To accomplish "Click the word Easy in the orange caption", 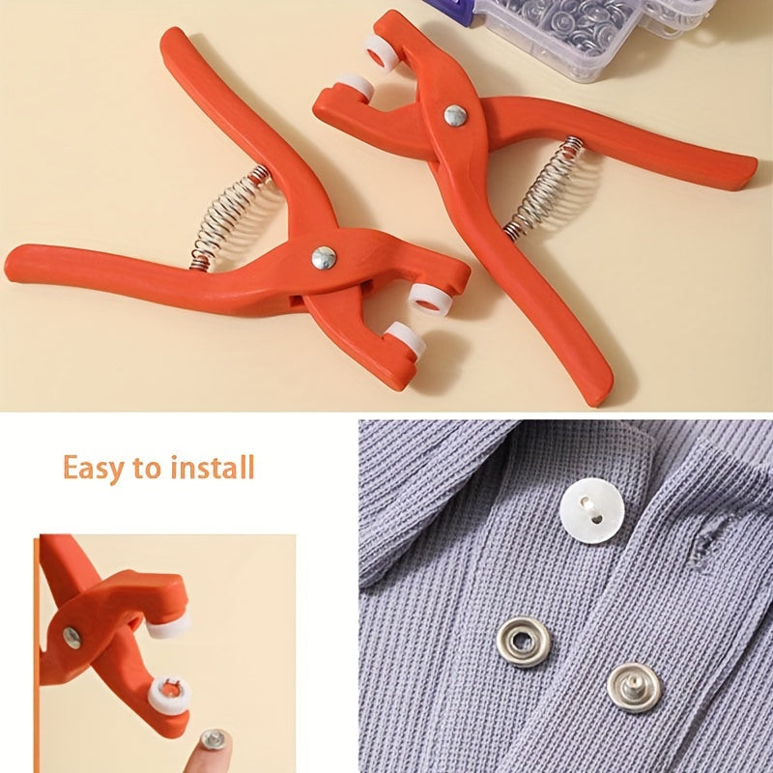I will point(93,468).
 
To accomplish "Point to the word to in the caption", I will point(147,469).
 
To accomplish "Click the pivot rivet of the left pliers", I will point(324,257).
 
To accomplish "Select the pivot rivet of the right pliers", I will point(455,115).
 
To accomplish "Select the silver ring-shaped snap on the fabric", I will point(524,642).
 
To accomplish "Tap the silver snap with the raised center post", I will point(635,687).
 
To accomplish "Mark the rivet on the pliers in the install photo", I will point(72,637).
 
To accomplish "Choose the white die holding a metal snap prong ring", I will point(170,693).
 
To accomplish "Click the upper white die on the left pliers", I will point(424,297).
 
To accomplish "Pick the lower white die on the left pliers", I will point(403,340).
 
